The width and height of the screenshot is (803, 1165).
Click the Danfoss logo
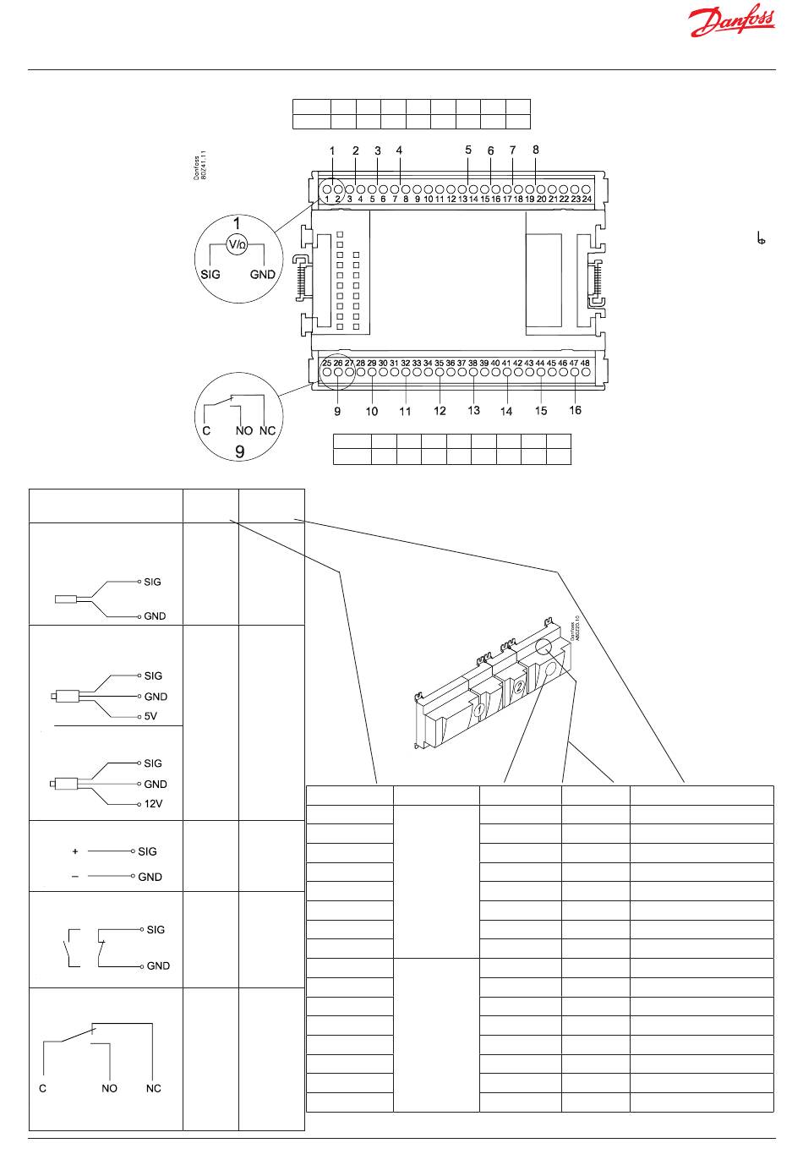pyautogui.click(x=732, y=23)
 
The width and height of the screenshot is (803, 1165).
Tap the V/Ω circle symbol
pyautogui.click(x=238, y=245)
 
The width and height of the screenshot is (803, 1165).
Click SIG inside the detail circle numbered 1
pyautogui.click(x=210, y=275)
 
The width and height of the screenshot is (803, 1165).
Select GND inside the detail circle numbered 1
pyautogui.click(x=263, y=275)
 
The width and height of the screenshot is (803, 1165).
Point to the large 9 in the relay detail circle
pyautogui.click(x=240, y=451)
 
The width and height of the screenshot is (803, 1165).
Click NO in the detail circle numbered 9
pyautogui.click(x=244, y=430)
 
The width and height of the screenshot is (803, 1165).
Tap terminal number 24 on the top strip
pyautogui.click(x=586, y=200)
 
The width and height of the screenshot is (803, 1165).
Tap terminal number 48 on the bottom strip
pyautogui.click(x=585, y=363)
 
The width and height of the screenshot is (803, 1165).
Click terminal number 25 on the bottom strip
pyautogui.click(x=327, y=363)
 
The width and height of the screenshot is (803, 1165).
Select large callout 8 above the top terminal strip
pyautogui.click(x=535, y=150)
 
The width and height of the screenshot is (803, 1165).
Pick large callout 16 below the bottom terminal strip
pyautogui.click(x=575, y=410)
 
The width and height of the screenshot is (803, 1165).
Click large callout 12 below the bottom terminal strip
pyautogui.click(x=440, y=411)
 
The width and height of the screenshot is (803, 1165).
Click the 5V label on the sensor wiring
pyautogui.click(x=150, y=716)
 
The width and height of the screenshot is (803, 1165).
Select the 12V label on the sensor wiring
pyautogui.click(x=152, y=804)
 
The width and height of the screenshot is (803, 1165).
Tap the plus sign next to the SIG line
pyautogui.click(x=75, y=851)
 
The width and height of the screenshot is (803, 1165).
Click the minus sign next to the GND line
pyautogui.click(x=75, y=877)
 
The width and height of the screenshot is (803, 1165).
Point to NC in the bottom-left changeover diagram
pyautogui.click(x=153, y=1088)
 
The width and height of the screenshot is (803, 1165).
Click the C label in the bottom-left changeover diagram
pyautogui.click(x=43, y=1088)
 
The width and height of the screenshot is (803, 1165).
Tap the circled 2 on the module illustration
pyautogui.click(x=518, y=687)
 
